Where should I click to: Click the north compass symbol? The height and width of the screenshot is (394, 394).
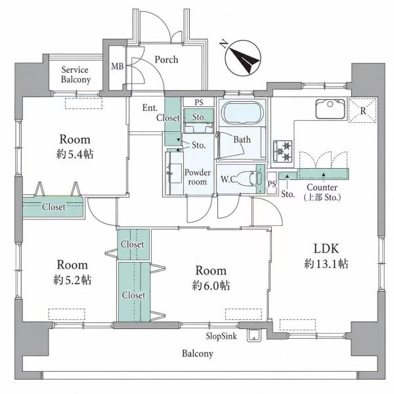(x=243, y=58)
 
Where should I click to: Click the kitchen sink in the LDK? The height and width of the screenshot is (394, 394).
(x=330, y=109)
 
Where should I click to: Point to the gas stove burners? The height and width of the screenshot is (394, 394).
(x=283, y=151)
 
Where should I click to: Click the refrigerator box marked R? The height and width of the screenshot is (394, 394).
(x=362, y=110)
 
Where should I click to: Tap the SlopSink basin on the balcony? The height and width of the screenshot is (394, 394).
(x=254, y=335)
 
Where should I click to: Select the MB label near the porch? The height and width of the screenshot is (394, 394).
(x=118, y=66)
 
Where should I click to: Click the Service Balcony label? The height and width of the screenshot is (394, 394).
(x=76, y=75)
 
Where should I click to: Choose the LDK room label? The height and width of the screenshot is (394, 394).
(x=326, y=248)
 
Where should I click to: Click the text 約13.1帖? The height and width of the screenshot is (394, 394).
(x=326, y=264)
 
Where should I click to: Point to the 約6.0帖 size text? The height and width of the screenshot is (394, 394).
(x=211, y=286)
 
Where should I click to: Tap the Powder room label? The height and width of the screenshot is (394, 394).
(x=198, y=177)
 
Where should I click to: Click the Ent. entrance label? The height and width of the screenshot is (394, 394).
(x=150, y=108)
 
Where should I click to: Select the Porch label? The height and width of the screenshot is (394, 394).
(x=166, y=60)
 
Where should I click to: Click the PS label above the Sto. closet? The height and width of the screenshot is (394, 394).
(x=199, y=102)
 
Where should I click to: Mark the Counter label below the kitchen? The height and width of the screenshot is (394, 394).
(x=322, y=187)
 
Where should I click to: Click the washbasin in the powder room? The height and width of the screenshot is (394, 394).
(x=175, y=173)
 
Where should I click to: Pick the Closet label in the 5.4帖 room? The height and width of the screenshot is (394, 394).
(x=54, y=207)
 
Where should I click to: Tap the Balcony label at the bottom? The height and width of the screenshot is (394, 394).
(x=198, y=353)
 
